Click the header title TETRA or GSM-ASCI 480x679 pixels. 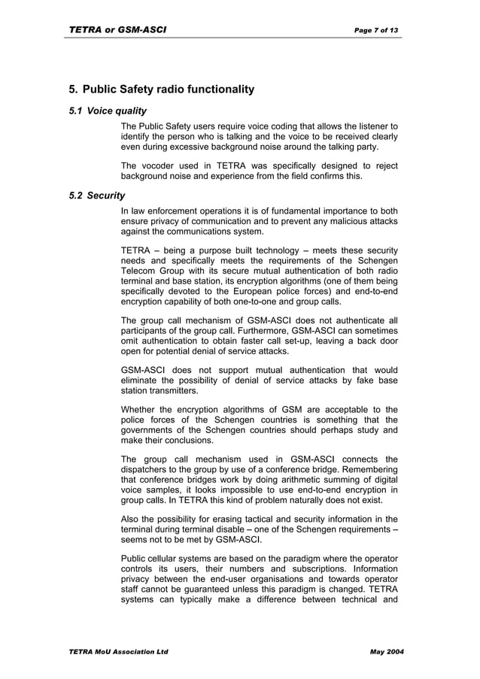point(117,30)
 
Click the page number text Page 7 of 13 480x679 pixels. point(376,30)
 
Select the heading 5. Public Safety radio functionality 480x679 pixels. point(161,89)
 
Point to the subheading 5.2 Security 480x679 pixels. point(96,196)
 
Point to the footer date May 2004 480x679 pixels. point(387,651)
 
